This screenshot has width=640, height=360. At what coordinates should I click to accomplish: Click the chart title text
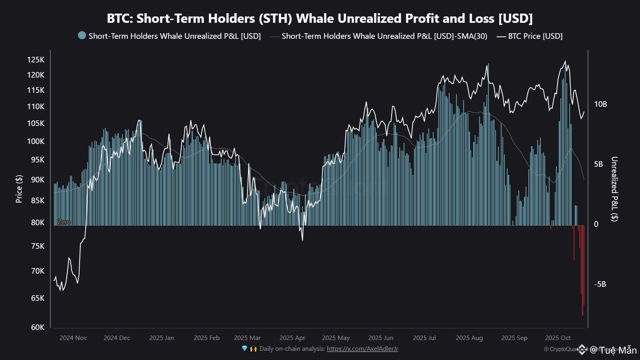[x=320, y=18]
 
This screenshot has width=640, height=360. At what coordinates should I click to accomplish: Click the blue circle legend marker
[x=82, y=36]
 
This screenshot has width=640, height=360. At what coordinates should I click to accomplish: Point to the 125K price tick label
[x=36, y=60]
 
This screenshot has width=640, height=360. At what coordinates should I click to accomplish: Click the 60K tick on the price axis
[x=38, y=327]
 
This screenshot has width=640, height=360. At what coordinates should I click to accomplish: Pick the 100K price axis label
[x=36, y=141]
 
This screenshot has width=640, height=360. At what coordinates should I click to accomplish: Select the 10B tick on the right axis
[x=600, y=104]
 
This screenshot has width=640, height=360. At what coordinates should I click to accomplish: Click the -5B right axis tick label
[x=600, y=284]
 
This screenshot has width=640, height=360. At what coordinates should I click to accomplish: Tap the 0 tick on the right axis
[x=596, y=224]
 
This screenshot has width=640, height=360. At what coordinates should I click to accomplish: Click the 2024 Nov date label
[x=73, y=338]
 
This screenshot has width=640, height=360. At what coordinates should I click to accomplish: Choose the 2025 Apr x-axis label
[x=292, y=338]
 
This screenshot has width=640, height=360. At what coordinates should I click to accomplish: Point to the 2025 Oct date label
[x=558, y=338]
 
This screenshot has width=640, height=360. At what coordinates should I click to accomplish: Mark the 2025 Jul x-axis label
[x=424, y=338]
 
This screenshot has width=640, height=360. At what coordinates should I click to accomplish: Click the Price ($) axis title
[x=19, y=189]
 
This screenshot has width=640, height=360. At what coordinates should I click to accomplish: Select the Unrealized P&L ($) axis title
[x=614, y=189]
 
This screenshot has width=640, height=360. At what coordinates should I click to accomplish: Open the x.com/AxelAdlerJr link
[x=362, y=349]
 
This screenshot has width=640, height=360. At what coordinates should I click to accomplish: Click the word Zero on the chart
[x=64, y=222]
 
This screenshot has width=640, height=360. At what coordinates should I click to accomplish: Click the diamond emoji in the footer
[x=245, y=349]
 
